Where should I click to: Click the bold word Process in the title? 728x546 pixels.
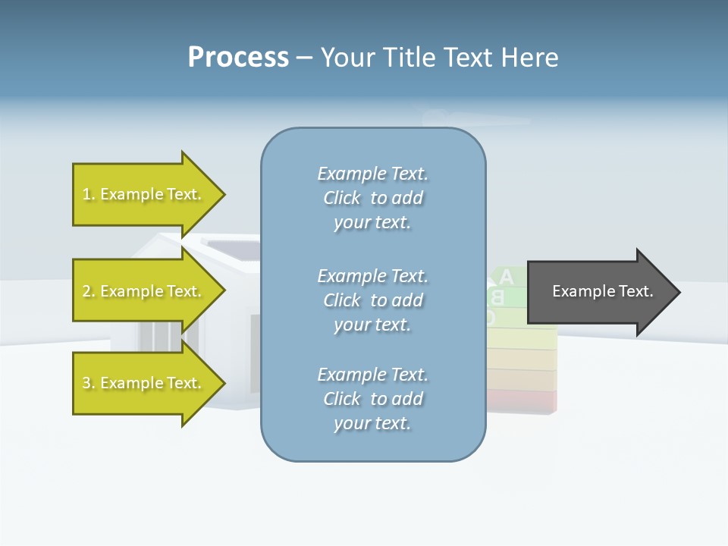[238, 58]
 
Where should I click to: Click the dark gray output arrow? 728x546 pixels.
[599, 291]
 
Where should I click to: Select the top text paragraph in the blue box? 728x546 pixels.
[372, 198]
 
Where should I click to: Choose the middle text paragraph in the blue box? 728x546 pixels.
[372, 300]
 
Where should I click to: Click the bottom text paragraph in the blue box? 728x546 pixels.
[372, 399]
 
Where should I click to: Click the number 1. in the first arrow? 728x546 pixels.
[89, 194]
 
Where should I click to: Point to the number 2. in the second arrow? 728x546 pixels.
[89, 291]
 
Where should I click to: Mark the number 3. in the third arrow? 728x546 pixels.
[89, 383]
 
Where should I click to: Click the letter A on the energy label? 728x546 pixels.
[507, 278]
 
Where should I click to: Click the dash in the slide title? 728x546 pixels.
[304, 58]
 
